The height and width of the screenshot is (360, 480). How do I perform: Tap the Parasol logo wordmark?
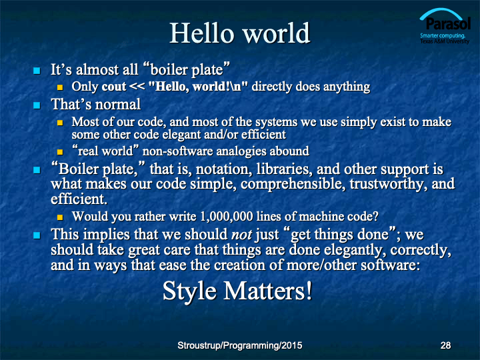pyautogui.click(x=448, y=23)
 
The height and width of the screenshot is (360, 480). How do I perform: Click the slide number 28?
pyautogui.click(x=445, y=345)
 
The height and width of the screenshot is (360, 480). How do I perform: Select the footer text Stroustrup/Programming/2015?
pyautogui.click(x=240, y=345)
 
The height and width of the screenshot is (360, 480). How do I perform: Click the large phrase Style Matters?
pyautogui.click(x=237, y=291)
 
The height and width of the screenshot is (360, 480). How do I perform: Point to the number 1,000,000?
pyautogui.click(x=227, y=217)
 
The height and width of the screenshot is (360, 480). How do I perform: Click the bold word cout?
pyautogui.click(x=114, y=87)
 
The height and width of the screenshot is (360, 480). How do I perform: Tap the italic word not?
pyautogui.click(x=242, y=235)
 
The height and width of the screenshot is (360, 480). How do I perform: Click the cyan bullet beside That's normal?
pyautogui.click(x=37, y=105)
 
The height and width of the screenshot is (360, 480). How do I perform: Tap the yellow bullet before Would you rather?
pyautogui.click(x=60, y=217)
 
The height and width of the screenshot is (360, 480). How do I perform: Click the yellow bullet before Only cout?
pyautogui.click(x=60, y=87)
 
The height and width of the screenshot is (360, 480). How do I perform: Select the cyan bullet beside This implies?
pyautogui.click(x=37, y=235)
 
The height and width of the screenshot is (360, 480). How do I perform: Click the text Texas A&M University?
pyautogui.click(x=445, y=41)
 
